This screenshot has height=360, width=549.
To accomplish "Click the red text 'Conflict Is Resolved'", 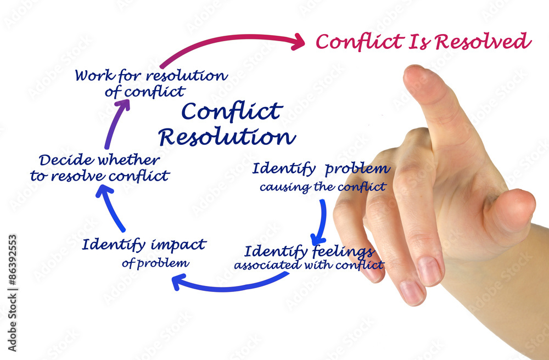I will click(x=423, y=42).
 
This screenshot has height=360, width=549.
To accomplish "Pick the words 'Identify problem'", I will click(x=321, y=169).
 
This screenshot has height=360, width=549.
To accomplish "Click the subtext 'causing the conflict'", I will click(x=322, y=187).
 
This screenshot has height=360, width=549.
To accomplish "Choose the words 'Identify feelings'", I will click(x=309, y=252).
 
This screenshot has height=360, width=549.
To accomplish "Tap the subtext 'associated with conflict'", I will click(x=309, y=266).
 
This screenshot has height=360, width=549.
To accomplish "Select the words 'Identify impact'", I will click(x=144, y=245).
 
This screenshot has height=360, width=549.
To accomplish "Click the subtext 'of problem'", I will click(x=155, y=263).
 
